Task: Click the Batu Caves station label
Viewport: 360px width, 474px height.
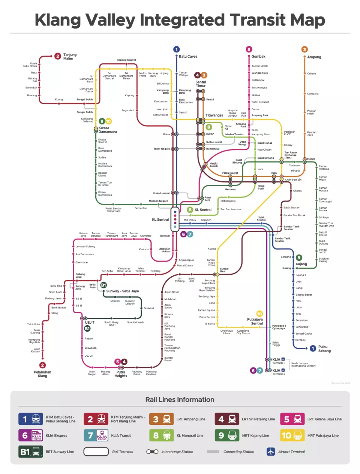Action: pos(188,56)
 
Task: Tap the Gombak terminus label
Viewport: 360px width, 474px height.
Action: pos(258,56)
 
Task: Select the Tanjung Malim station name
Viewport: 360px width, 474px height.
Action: pos(69,57)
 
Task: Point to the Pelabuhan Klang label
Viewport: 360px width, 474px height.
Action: pos(42,374)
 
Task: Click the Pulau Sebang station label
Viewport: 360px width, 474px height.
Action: pos(324,349)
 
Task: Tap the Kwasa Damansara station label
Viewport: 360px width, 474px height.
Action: pos(107,130)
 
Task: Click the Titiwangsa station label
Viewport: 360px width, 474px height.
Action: pos(214,115)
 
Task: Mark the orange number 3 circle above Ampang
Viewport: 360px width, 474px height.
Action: pos(304,49)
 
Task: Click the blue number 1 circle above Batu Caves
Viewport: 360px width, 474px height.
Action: pos(177,49)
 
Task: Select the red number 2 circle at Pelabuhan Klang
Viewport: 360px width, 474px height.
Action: pos(42,365)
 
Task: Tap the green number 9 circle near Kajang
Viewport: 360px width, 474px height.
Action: pos(299,257)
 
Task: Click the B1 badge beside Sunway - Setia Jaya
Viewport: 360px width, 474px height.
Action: pos(103,285)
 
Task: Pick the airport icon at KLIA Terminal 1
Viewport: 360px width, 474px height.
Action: pos(283,359)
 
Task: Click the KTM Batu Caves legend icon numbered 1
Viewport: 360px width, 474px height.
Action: pos(30,419)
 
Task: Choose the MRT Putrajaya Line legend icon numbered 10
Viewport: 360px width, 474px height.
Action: pos(292,435)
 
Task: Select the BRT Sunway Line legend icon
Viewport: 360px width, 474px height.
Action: pos(30,452)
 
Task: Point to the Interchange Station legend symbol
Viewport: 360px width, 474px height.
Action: pos(152,452)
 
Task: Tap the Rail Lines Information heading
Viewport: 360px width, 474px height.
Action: pos(180,399)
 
